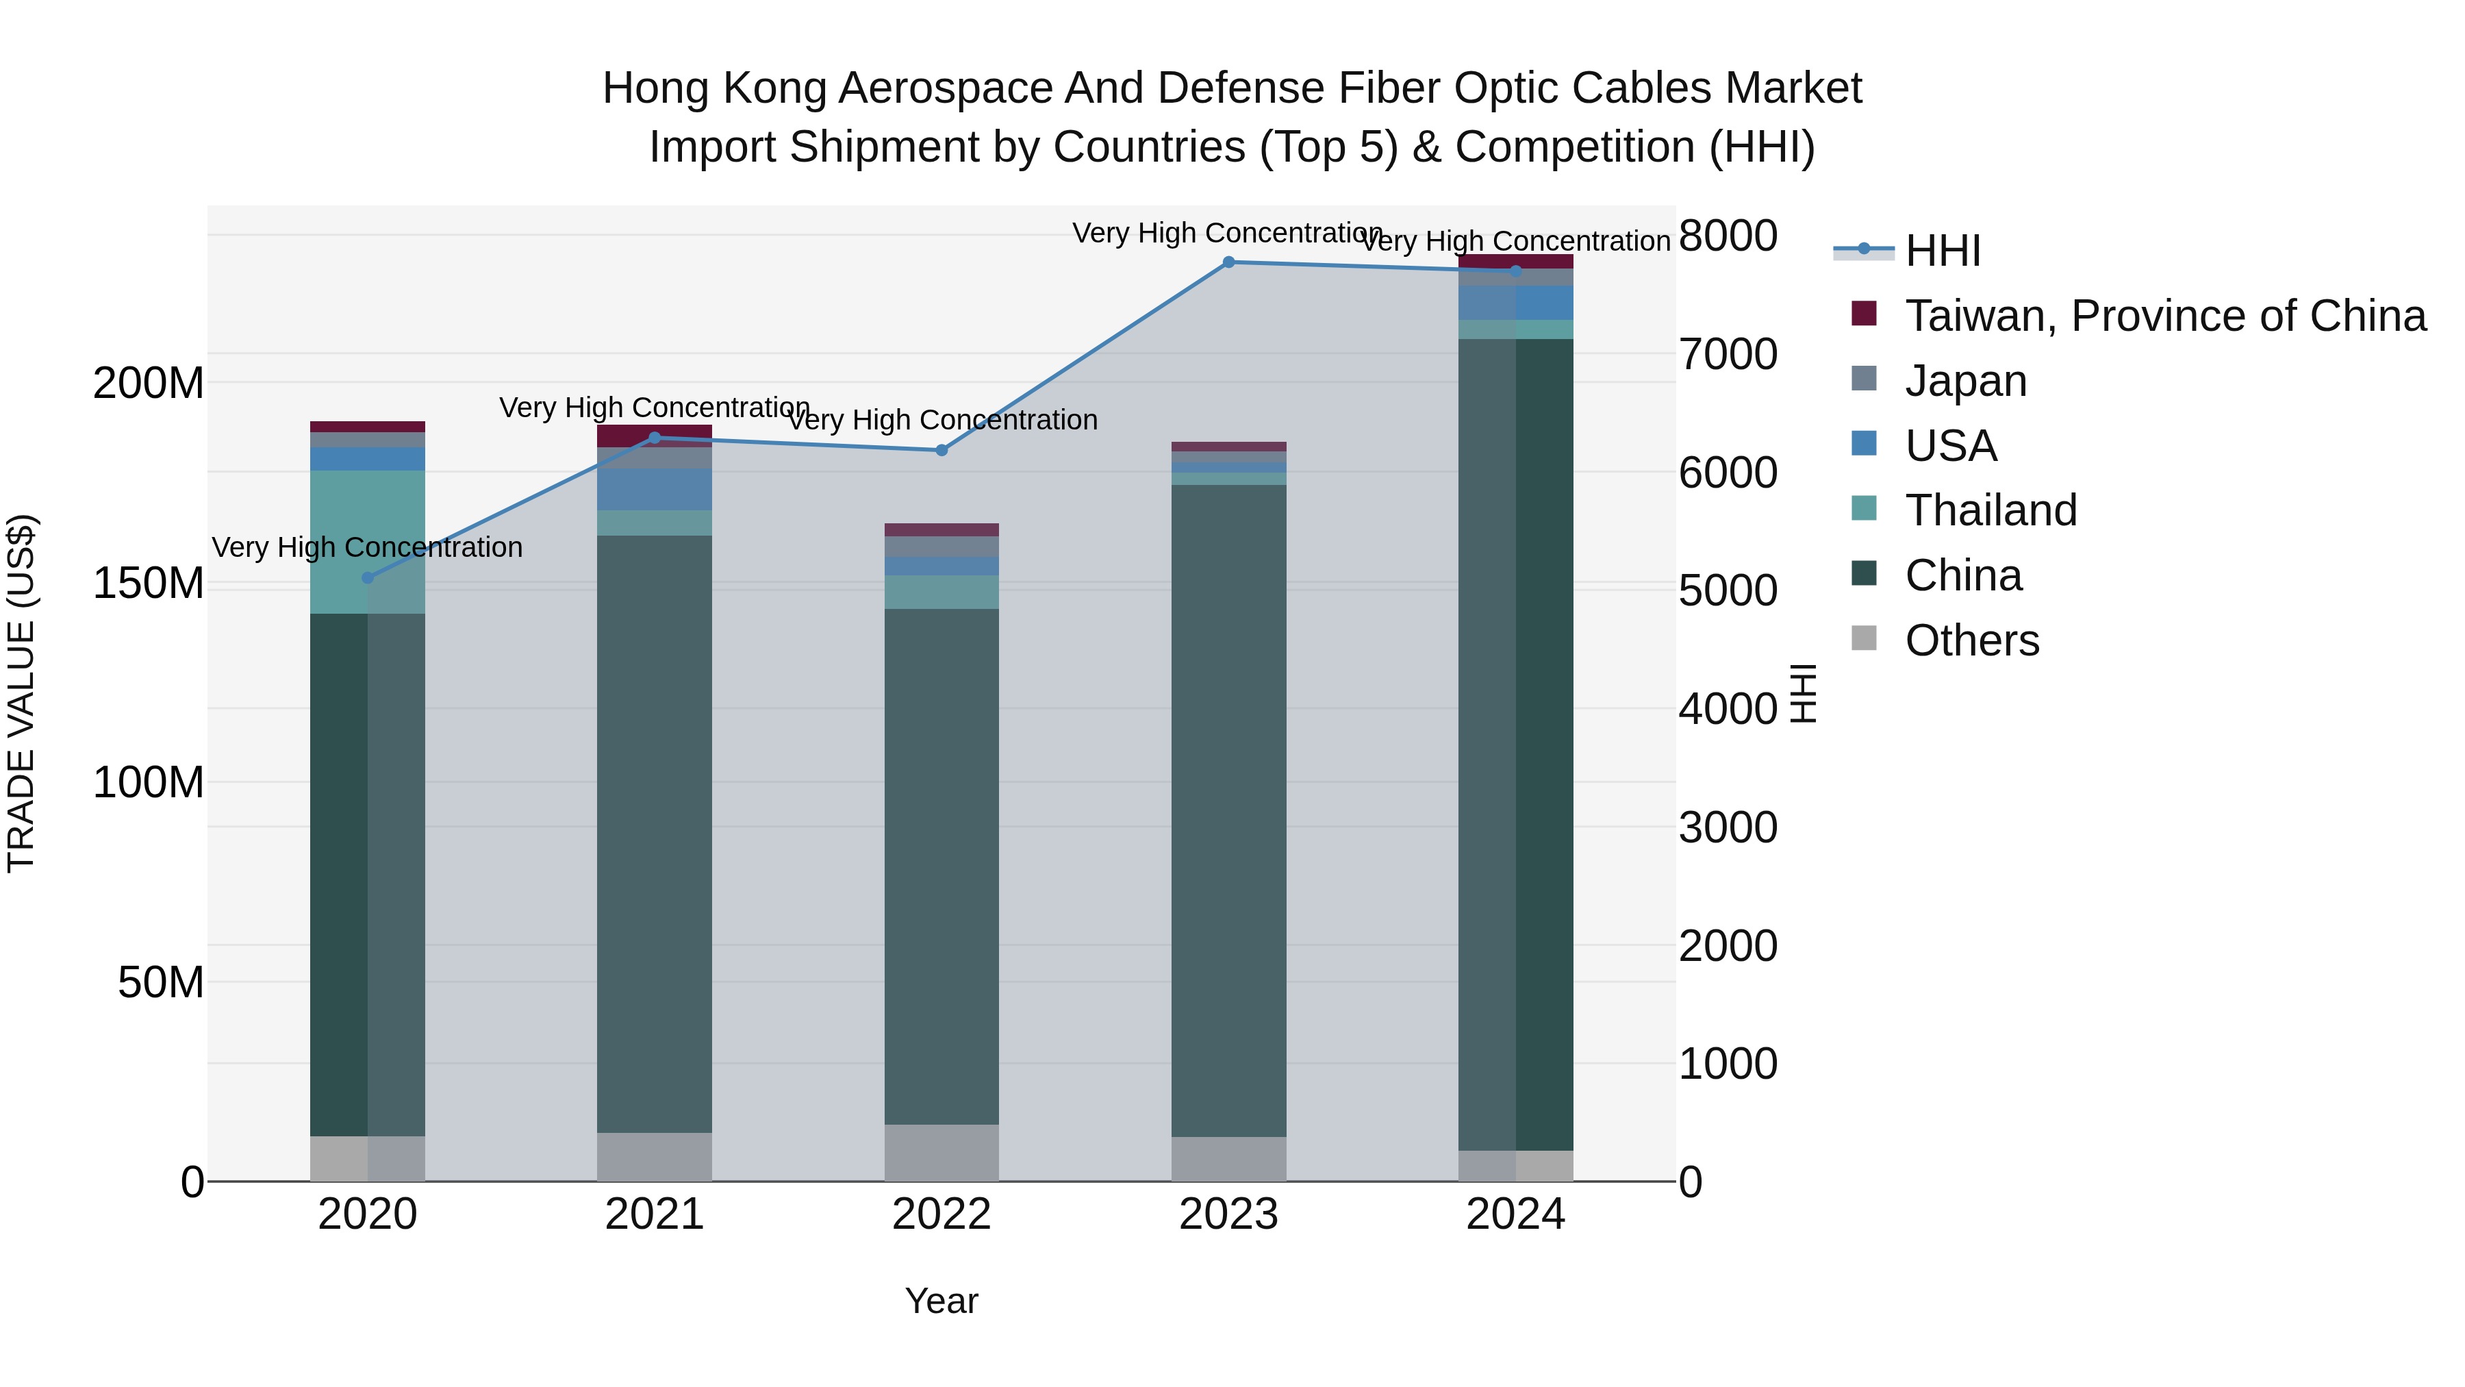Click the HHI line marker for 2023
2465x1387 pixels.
click(x=1228, y=262)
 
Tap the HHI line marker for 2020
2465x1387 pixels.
click(x=368, y=578)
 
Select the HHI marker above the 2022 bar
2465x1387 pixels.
click(x=941, y=450)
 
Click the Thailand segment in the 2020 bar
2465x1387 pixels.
click(x=368, y=542)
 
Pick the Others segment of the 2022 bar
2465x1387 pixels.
click(x=941, y=1153)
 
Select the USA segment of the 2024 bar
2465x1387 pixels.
click(x=1516, y=303)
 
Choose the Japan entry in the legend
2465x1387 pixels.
click(x=1965, y=381)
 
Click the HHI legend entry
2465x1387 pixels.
click(x=1943, y=251)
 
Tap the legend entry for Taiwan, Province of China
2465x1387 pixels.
click(x=2164, y=316)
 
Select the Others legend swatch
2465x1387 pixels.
click(x=1864, y=638)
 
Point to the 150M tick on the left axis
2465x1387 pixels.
click(x=149, y=583)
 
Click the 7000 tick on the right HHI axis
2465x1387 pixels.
click(x=1728, y=354)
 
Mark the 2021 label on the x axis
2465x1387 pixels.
click(x=655, y=1214)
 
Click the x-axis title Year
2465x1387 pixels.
click(x=941, y=1301)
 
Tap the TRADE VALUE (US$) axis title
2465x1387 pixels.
click(x=21, y=693)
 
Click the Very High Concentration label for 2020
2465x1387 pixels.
click(x=368, y=547)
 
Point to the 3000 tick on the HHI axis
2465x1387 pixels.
click(x=1728, y=827)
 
